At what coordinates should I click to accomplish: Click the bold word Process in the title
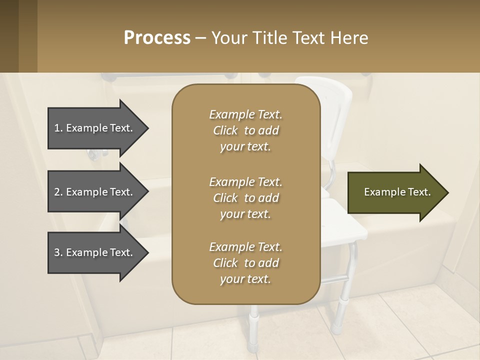[157, 38]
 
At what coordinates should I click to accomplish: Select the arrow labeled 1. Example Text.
[95, 128]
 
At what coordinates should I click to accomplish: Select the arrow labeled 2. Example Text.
[95, 192]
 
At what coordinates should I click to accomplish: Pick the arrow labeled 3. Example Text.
[95, 252]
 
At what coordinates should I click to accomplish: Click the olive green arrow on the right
[395, 192]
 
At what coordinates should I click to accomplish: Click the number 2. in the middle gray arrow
[58, 192]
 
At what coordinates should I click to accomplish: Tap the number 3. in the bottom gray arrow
[58, 252]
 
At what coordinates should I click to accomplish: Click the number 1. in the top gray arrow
[58, 128]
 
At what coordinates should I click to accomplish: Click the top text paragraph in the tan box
[245, 130]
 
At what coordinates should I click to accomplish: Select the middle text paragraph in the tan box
[245, 198]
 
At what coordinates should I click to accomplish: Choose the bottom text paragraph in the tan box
[245, 263]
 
